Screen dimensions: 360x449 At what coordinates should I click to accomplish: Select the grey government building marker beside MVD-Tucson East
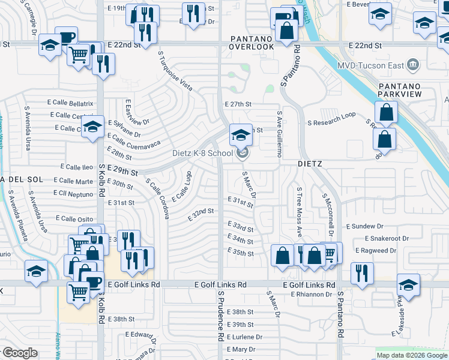[x=412, y=64]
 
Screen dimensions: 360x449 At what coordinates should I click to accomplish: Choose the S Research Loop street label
[x=331, y=114]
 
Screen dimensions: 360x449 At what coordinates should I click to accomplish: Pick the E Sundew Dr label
[x=365, y=226]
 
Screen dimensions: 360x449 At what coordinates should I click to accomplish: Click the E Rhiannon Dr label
[x=312, y=294]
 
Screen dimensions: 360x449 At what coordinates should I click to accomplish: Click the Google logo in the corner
[x=19, y=353]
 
